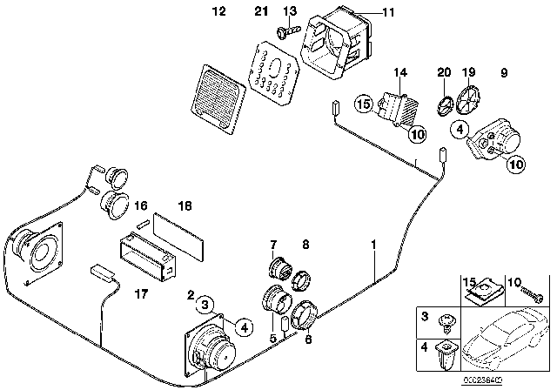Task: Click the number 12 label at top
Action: [x=218, y=11]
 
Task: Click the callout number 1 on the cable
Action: [x=374, y=246]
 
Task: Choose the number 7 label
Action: [x=273, y=245]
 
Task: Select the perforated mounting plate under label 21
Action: [x=274, y=71]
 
